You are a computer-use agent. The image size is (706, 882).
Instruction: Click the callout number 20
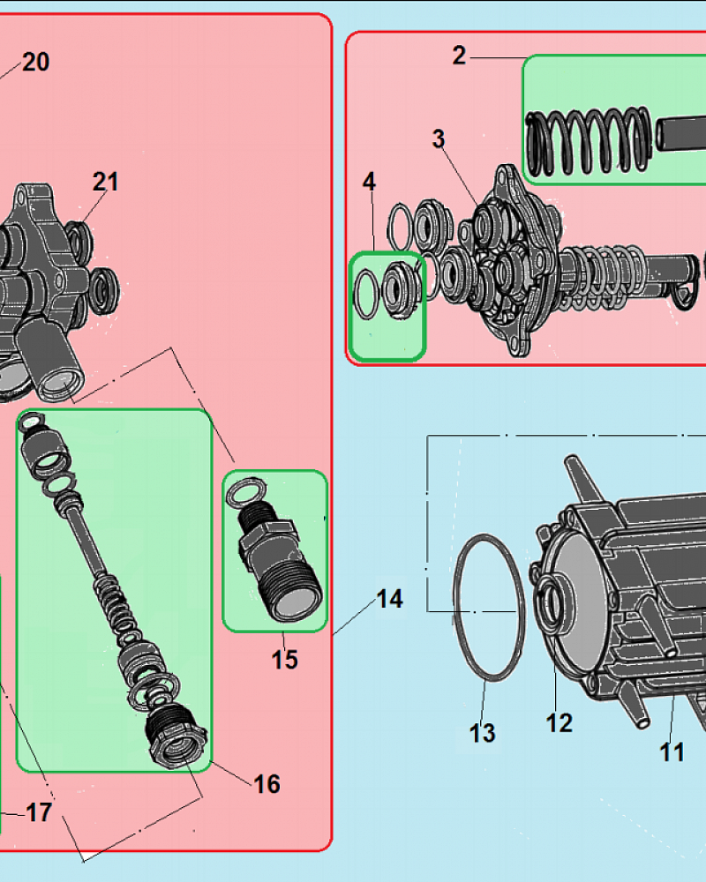36,62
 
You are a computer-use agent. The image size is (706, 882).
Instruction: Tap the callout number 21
106,182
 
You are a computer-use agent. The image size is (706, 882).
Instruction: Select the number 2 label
460,56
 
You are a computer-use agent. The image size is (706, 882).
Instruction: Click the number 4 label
369,182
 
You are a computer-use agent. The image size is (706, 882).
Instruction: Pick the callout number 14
389,599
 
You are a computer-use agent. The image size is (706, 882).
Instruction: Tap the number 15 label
285,660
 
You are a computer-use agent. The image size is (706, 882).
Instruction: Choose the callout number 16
267,784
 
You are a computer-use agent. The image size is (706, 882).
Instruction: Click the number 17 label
39,813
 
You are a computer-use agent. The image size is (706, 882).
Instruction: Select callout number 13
483,733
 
